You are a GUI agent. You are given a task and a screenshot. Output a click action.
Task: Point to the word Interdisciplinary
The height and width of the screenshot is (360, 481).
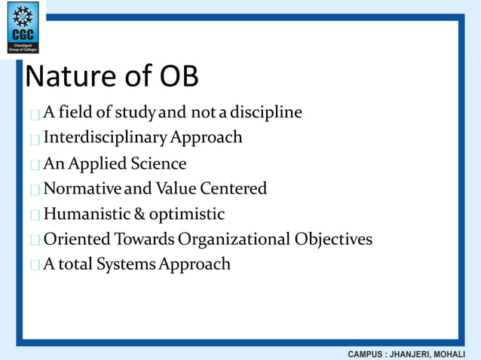(x=105, y=137)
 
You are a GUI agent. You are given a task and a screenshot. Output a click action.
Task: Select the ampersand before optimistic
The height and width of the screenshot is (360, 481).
(x=139, y=214)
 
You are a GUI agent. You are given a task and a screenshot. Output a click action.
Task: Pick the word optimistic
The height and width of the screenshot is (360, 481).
(x=186, y=215)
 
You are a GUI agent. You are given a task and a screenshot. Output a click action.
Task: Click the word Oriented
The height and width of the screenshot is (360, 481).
(x=75, y=239)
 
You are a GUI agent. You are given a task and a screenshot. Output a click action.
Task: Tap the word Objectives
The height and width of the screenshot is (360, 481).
(x=333, y=240)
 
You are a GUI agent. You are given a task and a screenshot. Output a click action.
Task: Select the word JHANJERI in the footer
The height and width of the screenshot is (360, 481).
(x=417, y=353)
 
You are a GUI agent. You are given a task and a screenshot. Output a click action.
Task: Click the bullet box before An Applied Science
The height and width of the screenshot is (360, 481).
(x=35, y=165)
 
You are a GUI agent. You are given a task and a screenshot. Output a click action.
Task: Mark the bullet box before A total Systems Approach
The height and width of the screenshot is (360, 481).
(x=35, y=266)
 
